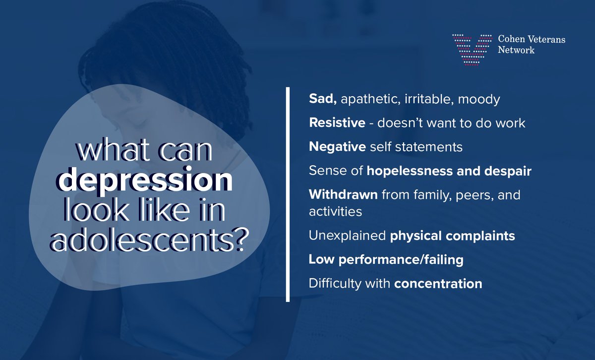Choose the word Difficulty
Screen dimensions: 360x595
(x=349, y=284)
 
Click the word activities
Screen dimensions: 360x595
(x=335, y=211)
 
